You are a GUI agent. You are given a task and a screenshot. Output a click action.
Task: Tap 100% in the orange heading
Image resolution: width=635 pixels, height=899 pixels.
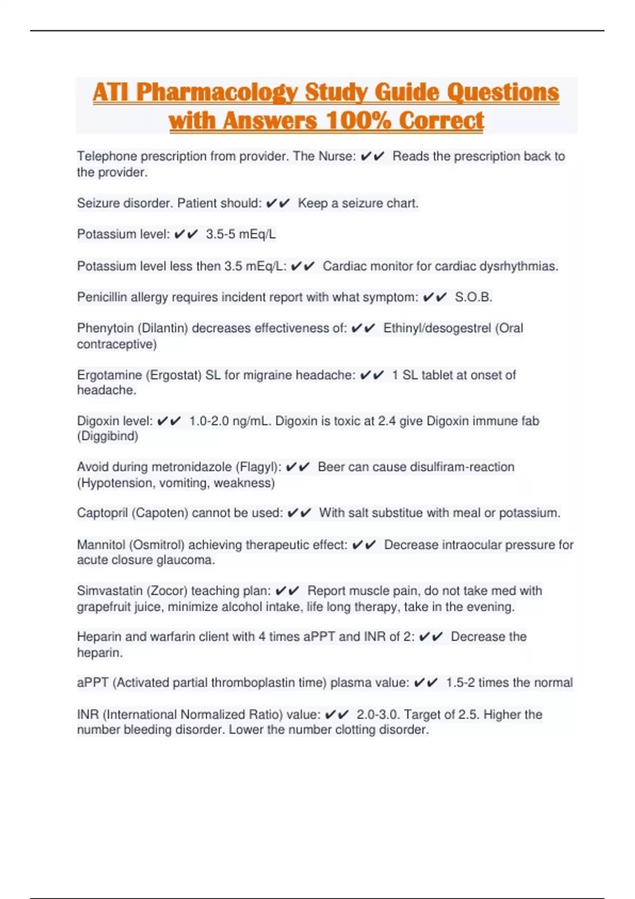[358, 121]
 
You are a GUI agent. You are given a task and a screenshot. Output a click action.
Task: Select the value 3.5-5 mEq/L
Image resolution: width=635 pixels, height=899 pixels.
[241, 234]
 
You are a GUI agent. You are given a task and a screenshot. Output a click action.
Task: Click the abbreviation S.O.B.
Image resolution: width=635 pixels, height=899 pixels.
[474, 297]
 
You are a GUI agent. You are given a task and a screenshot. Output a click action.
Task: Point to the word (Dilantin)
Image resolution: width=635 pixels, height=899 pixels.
[163, 328]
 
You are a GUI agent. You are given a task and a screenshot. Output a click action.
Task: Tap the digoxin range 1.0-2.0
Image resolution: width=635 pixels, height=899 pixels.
[209, 421]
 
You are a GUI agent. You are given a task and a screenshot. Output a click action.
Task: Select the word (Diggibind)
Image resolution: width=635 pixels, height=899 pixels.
[107, 436]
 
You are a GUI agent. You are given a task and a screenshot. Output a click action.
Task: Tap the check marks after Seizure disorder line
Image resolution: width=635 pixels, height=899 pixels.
[278, 204]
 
